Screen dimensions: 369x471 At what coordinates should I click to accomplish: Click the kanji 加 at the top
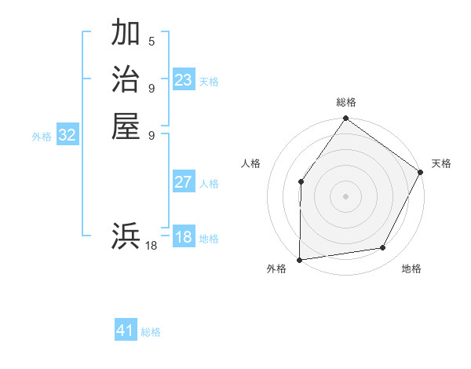(126, 34)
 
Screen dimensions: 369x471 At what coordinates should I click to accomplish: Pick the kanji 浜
(126, 236)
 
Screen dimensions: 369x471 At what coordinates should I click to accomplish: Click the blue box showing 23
(184, 80)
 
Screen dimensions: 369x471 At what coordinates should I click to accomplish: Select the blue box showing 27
(184, 182)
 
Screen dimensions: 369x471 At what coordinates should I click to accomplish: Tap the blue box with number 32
(68, 135)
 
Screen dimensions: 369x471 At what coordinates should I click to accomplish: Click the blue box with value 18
(184, 237)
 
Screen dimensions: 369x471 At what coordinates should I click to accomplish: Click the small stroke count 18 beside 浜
(152, 246)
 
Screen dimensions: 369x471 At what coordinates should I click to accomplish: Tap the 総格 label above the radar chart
(346, 102)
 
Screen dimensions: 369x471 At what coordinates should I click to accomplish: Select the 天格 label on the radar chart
(441, 163)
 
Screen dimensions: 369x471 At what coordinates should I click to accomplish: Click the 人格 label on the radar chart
(251, 163)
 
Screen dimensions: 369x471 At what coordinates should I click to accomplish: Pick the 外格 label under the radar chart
(276, 269)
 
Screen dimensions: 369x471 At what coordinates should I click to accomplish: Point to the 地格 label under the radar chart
(411, 269)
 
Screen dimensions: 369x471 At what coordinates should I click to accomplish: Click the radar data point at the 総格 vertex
(346, 119)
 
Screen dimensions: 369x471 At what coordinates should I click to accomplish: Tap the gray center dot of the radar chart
(346, 195)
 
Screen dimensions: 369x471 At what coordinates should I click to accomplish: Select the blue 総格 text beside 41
(151, 332)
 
